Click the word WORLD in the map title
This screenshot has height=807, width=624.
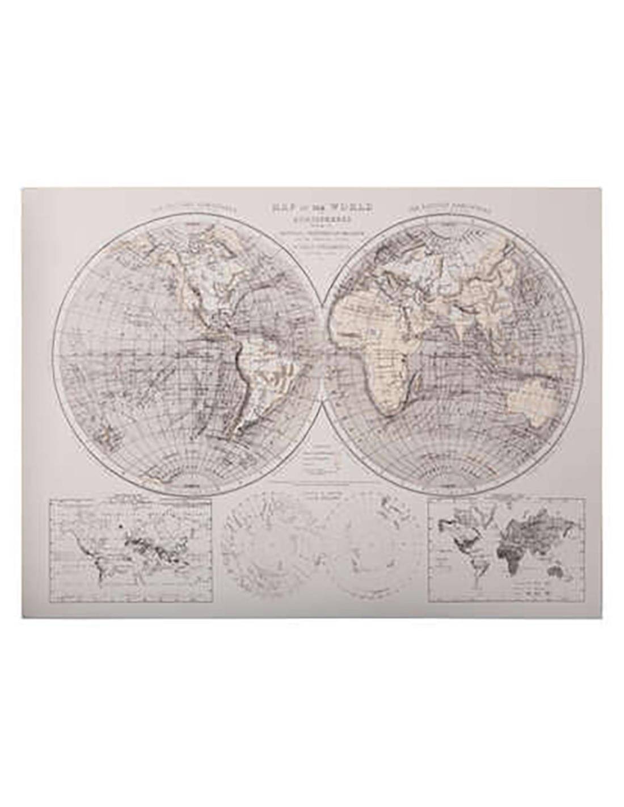click(353, 208)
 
